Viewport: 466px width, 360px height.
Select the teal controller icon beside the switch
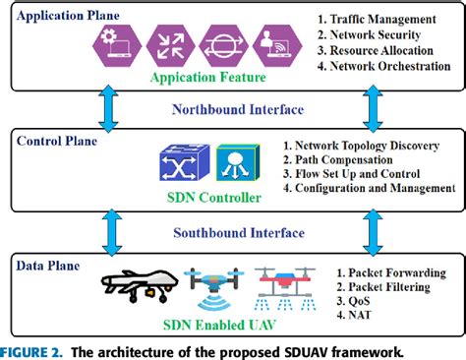[x=232, y=163]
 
